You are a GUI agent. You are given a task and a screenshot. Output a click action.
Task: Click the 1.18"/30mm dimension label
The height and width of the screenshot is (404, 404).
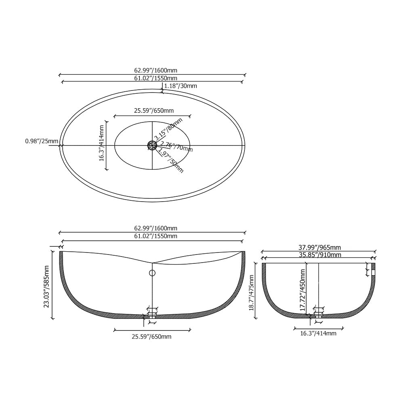pos(181,86)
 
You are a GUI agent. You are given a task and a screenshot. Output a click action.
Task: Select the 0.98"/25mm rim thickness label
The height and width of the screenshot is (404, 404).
pos(42,141)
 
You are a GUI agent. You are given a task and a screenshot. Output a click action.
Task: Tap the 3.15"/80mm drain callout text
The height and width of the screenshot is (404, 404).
pos(168,128)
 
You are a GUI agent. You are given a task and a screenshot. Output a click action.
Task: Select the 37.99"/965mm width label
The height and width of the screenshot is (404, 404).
pos(319,247)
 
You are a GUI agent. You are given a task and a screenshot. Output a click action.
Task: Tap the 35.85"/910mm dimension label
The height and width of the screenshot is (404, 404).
pos(319,255)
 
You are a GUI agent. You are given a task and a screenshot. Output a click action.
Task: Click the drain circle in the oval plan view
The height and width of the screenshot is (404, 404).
pos(152,145)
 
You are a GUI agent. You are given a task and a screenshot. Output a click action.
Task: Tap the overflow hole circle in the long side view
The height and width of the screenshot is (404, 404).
pos(152,273)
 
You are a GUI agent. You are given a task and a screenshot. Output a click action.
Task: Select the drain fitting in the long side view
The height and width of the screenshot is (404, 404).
pos(152,314)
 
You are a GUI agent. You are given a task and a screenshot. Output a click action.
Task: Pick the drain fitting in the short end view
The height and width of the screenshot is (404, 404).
pos(318,313)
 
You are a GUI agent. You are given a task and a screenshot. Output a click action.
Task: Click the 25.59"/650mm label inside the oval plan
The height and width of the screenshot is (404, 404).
pos(154,111)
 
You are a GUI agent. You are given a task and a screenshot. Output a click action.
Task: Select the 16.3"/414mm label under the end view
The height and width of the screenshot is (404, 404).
pos(318,333)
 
